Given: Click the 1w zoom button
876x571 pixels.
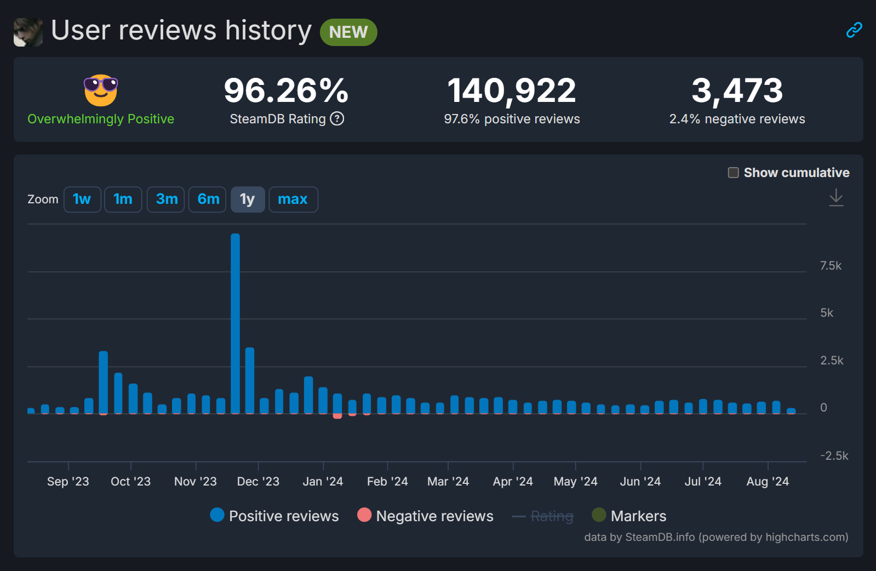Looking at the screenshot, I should [x=82, y=199].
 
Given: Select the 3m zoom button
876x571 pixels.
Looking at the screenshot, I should [x=166, y=199].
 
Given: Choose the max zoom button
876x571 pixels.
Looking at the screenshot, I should [x=293, y=199].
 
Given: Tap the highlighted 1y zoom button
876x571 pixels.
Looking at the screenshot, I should [x=248, y=199].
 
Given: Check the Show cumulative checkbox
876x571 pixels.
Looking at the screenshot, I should [x=733, y=173].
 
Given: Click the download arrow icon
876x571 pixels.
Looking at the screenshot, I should [x=836, y=197].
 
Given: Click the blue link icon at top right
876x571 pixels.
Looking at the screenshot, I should [x=854, y=30].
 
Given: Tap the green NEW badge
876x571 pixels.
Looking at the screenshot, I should [x=348, y=32].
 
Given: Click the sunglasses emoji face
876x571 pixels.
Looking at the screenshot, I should [x=101, y=90].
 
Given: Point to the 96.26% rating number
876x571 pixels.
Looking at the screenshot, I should [x=286, y=90].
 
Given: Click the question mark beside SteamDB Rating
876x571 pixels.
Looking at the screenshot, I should [x=337, y=119].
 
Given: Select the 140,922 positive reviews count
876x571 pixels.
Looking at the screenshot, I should [x=512, y=90].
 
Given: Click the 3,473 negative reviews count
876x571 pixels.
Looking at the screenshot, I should [x=737, y=90].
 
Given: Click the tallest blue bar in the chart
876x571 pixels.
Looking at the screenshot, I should [x=235, y=323].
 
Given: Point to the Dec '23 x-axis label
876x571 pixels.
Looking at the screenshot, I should [x=258, y=482].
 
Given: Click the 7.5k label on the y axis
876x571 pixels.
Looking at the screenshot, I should [x=831, y=266].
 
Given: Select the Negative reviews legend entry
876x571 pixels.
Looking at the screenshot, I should [x=426, y=516].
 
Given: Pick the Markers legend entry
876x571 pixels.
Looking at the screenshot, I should [x=629, y=516].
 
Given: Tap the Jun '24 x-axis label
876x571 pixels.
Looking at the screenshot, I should [x=640, y=482].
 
